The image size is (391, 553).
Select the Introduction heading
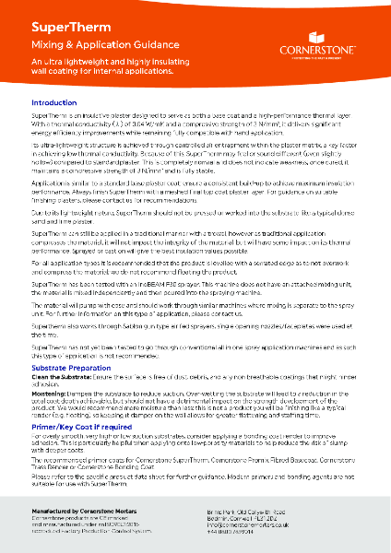click(x=54, y=102)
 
